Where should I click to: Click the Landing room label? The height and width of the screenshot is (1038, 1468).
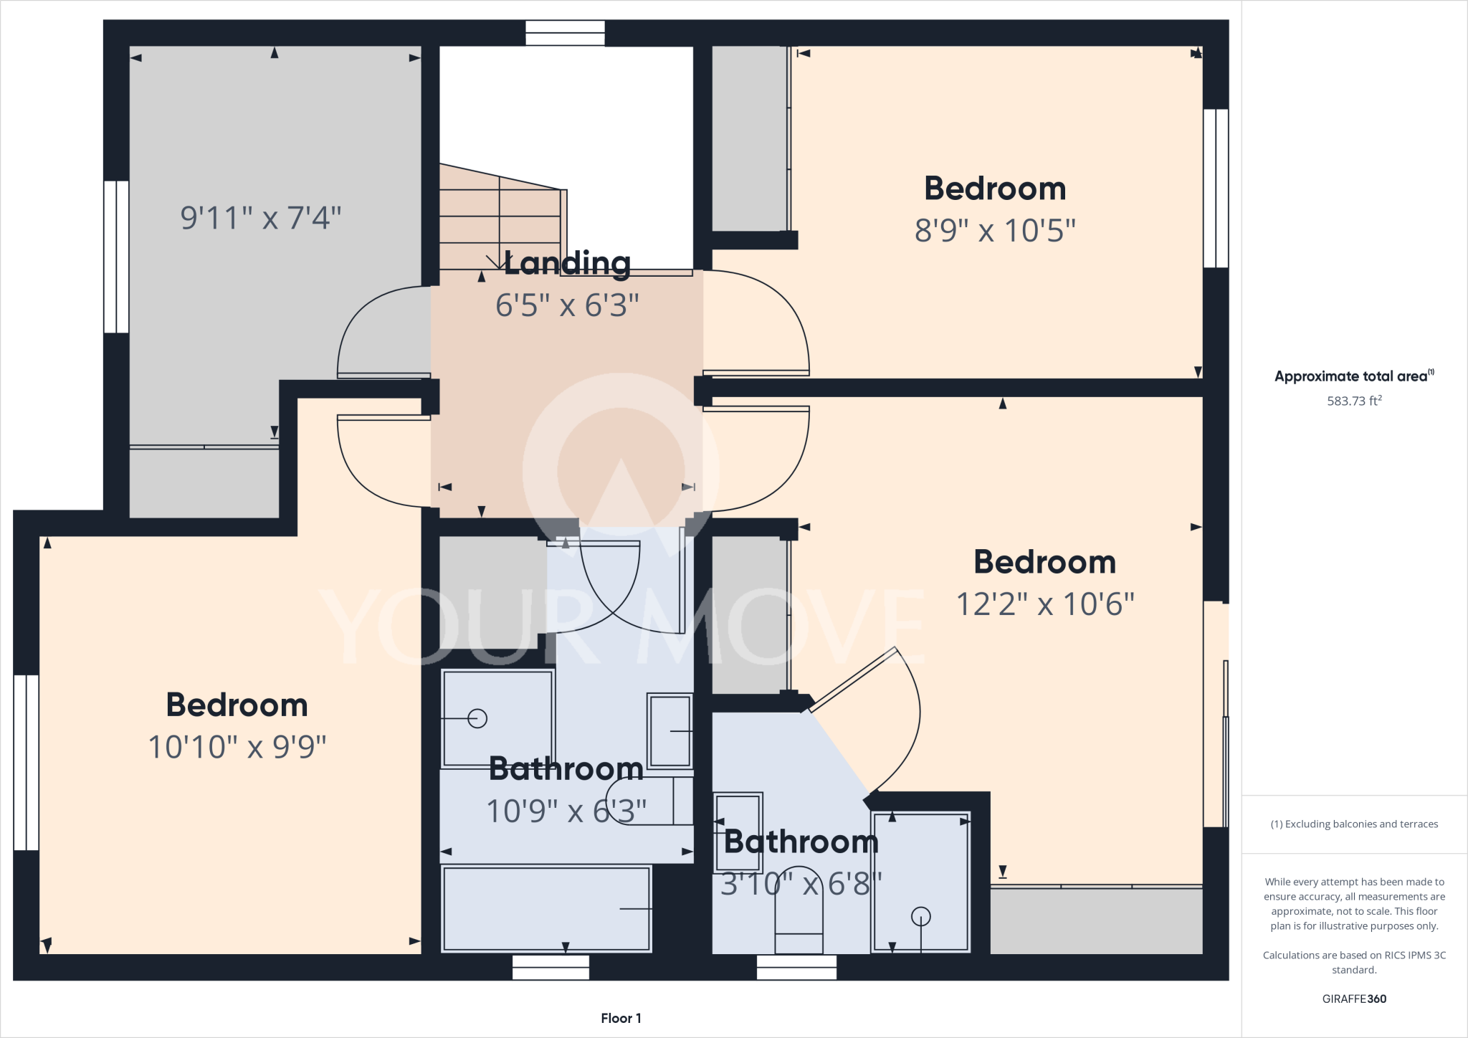coord(567,263)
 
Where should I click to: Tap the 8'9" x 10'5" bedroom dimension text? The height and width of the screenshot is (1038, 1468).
coord(995,231)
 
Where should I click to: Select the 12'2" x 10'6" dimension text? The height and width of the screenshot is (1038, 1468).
coord(1045,604)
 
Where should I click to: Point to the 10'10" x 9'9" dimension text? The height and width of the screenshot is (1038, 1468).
coord(237,747)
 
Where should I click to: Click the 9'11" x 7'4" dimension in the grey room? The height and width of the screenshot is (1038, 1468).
coord(260,218)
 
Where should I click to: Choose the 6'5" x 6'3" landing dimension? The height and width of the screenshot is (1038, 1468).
coord(566,305)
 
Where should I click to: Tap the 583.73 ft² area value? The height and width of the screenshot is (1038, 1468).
coord(1353,401)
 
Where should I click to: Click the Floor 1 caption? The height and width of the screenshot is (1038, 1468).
coord(621,1018)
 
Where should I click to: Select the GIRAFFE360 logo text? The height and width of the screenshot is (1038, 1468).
coord(1353,999)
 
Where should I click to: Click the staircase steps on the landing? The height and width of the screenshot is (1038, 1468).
coord(500,215)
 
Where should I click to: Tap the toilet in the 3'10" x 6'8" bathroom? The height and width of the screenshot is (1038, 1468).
coord(799,925)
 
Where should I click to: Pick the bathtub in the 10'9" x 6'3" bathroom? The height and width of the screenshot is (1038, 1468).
coord(546,909)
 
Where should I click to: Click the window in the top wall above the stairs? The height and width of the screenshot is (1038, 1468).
coord(565,33)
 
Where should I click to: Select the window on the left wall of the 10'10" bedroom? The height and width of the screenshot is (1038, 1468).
coord(27,762)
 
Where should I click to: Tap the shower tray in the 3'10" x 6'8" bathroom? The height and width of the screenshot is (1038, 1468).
coord(920,882)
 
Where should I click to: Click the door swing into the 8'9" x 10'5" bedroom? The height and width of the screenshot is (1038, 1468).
coord(760,323)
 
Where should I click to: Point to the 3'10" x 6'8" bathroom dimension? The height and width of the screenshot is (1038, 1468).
coord(801,884)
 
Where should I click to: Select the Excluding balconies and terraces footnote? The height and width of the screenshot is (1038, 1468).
coord(1353,824)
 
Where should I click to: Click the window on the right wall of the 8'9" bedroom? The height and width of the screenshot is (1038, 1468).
coord(1216,188)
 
